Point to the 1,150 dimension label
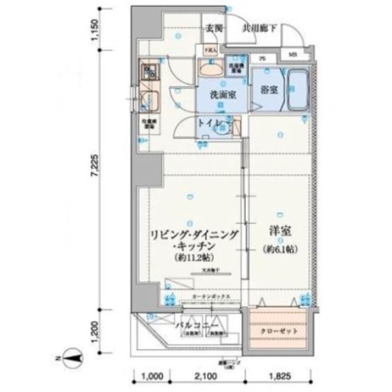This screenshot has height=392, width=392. [x=96, y=29]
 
